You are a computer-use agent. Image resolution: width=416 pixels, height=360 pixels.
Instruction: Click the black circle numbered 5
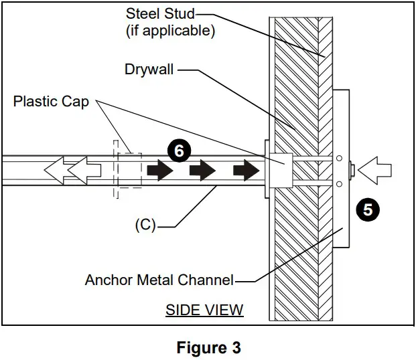(x=367, y=209)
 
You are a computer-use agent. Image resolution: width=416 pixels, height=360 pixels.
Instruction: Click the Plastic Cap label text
(x=51, y=102)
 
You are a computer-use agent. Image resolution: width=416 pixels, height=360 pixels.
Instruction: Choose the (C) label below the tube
(x=144, y=225)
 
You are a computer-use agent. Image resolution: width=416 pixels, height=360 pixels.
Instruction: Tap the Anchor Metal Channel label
(x=159, y=280)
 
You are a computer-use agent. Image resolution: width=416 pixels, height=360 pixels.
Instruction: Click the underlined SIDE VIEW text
(x=204, y=310)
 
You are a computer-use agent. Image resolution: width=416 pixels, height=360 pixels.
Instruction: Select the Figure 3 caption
(x=208, y=348)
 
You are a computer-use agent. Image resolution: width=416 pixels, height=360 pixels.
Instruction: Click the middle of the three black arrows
(x=204, y=171)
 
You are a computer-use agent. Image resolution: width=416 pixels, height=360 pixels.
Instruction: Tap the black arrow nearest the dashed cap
(x=159, y=171)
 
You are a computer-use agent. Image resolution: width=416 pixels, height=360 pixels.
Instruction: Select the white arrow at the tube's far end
(x=58, y=171)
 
